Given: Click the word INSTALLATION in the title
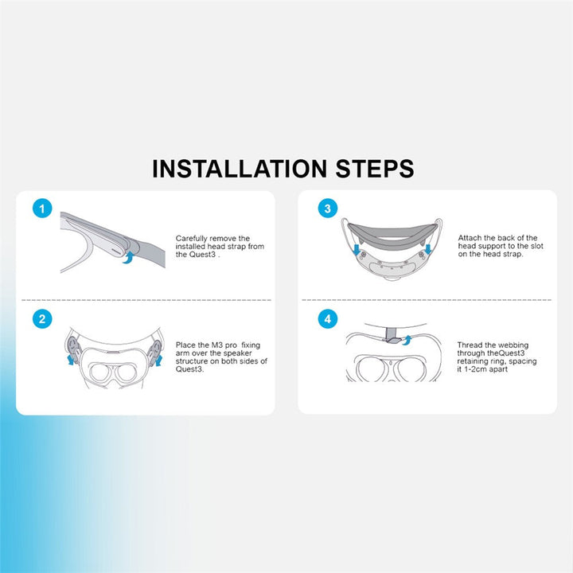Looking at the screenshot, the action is [240, 169].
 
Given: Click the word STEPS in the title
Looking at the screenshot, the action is [375, 169].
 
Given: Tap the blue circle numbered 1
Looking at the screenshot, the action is [42, 209].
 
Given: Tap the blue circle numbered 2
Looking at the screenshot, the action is [42, 319].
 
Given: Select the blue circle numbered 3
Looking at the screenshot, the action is [327, 209].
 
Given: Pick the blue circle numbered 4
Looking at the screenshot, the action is [327, 319].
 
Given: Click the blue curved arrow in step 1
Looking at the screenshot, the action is [127, 257].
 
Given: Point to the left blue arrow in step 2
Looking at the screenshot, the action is [71, 359].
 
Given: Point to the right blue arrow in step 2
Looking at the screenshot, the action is [158, 360].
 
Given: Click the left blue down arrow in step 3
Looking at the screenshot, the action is [357, 250].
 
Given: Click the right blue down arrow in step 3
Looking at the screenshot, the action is [428, 249].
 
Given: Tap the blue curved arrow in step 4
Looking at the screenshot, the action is [407, 340].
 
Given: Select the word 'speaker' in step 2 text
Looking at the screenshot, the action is [237, 353].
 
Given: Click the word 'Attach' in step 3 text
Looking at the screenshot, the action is [470, 238].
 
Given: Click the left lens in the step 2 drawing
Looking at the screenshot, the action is [99, 372].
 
